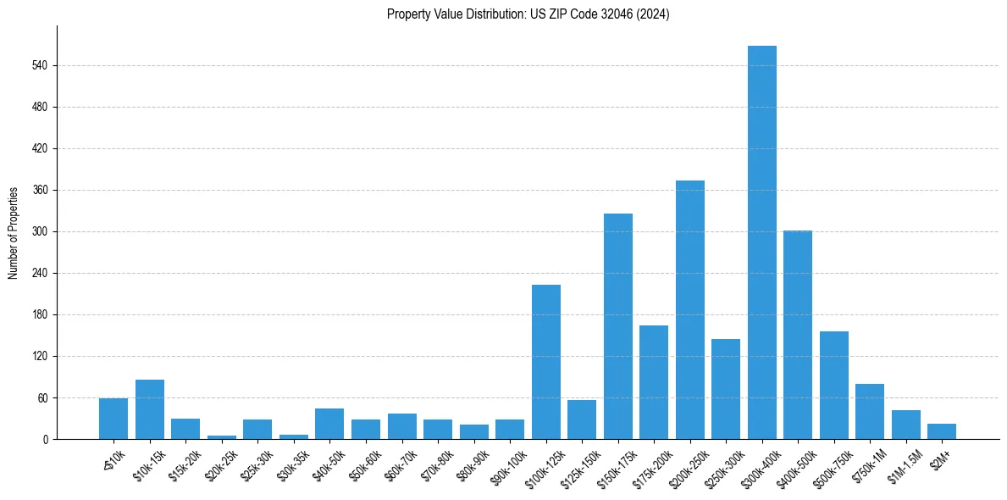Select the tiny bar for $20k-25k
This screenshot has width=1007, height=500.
pos(221,436)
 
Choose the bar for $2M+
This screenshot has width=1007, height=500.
pos(941,431)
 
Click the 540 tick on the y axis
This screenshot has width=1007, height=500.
pos(44,65)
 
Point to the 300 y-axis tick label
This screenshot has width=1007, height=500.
pos(44,231)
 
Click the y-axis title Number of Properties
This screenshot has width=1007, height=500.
pos(14,231)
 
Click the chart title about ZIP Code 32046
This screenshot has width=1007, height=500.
pos(528,14)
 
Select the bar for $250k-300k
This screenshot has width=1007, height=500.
pos(725,389)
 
